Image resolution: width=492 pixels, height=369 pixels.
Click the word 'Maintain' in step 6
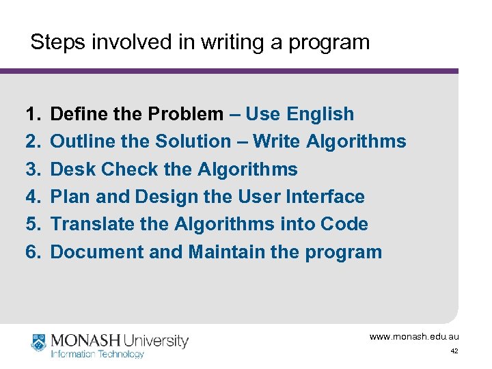(227, 252)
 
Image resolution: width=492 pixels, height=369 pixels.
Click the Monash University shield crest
(38, 343)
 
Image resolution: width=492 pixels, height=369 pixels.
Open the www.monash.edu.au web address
(414, 337)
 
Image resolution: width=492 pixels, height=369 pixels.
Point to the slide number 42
(454, 351)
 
